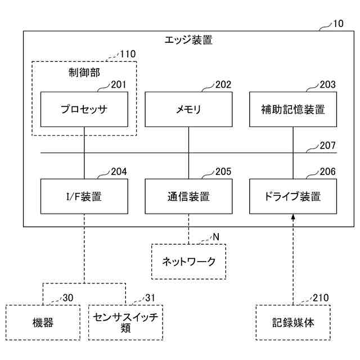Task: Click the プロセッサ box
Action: pyautogui.click(x=84, y=109)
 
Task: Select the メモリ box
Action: pyautogui.click(x=188, y=109)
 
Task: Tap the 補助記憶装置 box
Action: pyautogui.click(x=293, y=109)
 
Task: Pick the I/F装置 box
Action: pyautogui.click(x=84, y=196)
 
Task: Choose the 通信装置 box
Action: pyautogui.click(x=188, y=196)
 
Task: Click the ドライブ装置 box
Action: pyautogui.click(x=293, y=196)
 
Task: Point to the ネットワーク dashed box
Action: pyautogui.click(x=188, y=262)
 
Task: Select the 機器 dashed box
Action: pyautogui.click(x=43, y=322)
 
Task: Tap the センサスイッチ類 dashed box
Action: pyautogui.click(x=125, y=322)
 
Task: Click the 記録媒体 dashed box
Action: pyautogui.click(x=293, y=322)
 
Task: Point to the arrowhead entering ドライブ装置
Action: pyautogui.click(x=293, y=217)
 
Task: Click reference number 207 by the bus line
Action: pyautogui.click(x=327, y=145)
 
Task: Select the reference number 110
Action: pyautogui.click(x=128, y=54)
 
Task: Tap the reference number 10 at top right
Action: pyautogui.click(x=338, y=24)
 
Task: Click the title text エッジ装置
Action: pyautogui.click(x=188, y=40)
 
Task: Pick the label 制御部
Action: pyautogui.click(x=84, y=73)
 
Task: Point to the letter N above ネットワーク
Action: pyautogui.click(x=216, y=237)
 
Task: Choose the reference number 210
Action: pyautogui.click(x=321, y=298)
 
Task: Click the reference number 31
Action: pyautogui.click(x=150, y=298)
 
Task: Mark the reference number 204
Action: pyautogui.click(x=119, y=172)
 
